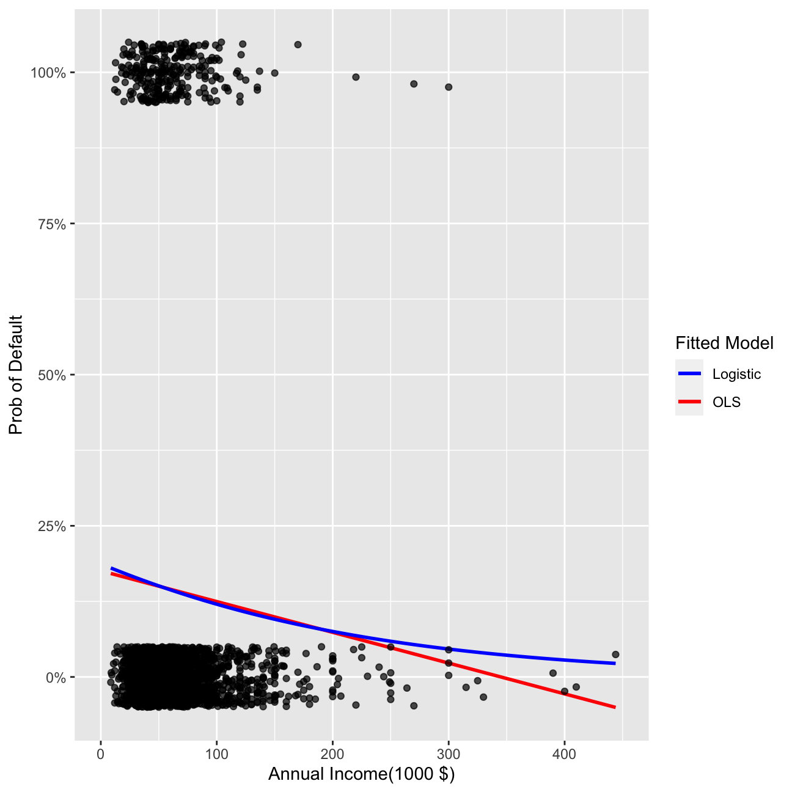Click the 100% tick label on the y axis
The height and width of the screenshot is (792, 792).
48,73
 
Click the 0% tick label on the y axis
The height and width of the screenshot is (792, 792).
55,677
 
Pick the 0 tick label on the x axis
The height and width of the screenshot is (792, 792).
101,754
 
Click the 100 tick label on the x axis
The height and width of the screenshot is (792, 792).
216,754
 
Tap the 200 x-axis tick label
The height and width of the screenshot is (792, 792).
332,754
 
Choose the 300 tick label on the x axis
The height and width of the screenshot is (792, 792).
449,754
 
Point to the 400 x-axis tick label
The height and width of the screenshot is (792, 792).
564,754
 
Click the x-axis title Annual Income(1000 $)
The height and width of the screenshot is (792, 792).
361,774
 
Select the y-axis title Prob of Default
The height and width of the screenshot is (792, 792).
16,375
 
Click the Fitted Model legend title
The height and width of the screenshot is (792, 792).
724,343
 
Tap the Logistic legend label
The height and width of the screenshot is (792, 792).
736,374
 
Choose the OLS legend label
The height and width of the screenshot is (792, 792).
726,402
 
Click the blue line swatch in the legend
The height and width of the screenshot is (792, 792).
689,374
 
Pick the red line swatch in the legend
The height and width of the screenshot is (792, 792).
689,402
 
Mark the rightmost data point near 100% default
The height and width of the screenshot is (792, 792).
449,87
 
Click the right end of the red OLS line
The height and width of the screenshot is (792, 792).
615,707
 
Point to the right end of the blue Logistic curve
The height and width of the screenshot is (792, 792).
615,663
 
